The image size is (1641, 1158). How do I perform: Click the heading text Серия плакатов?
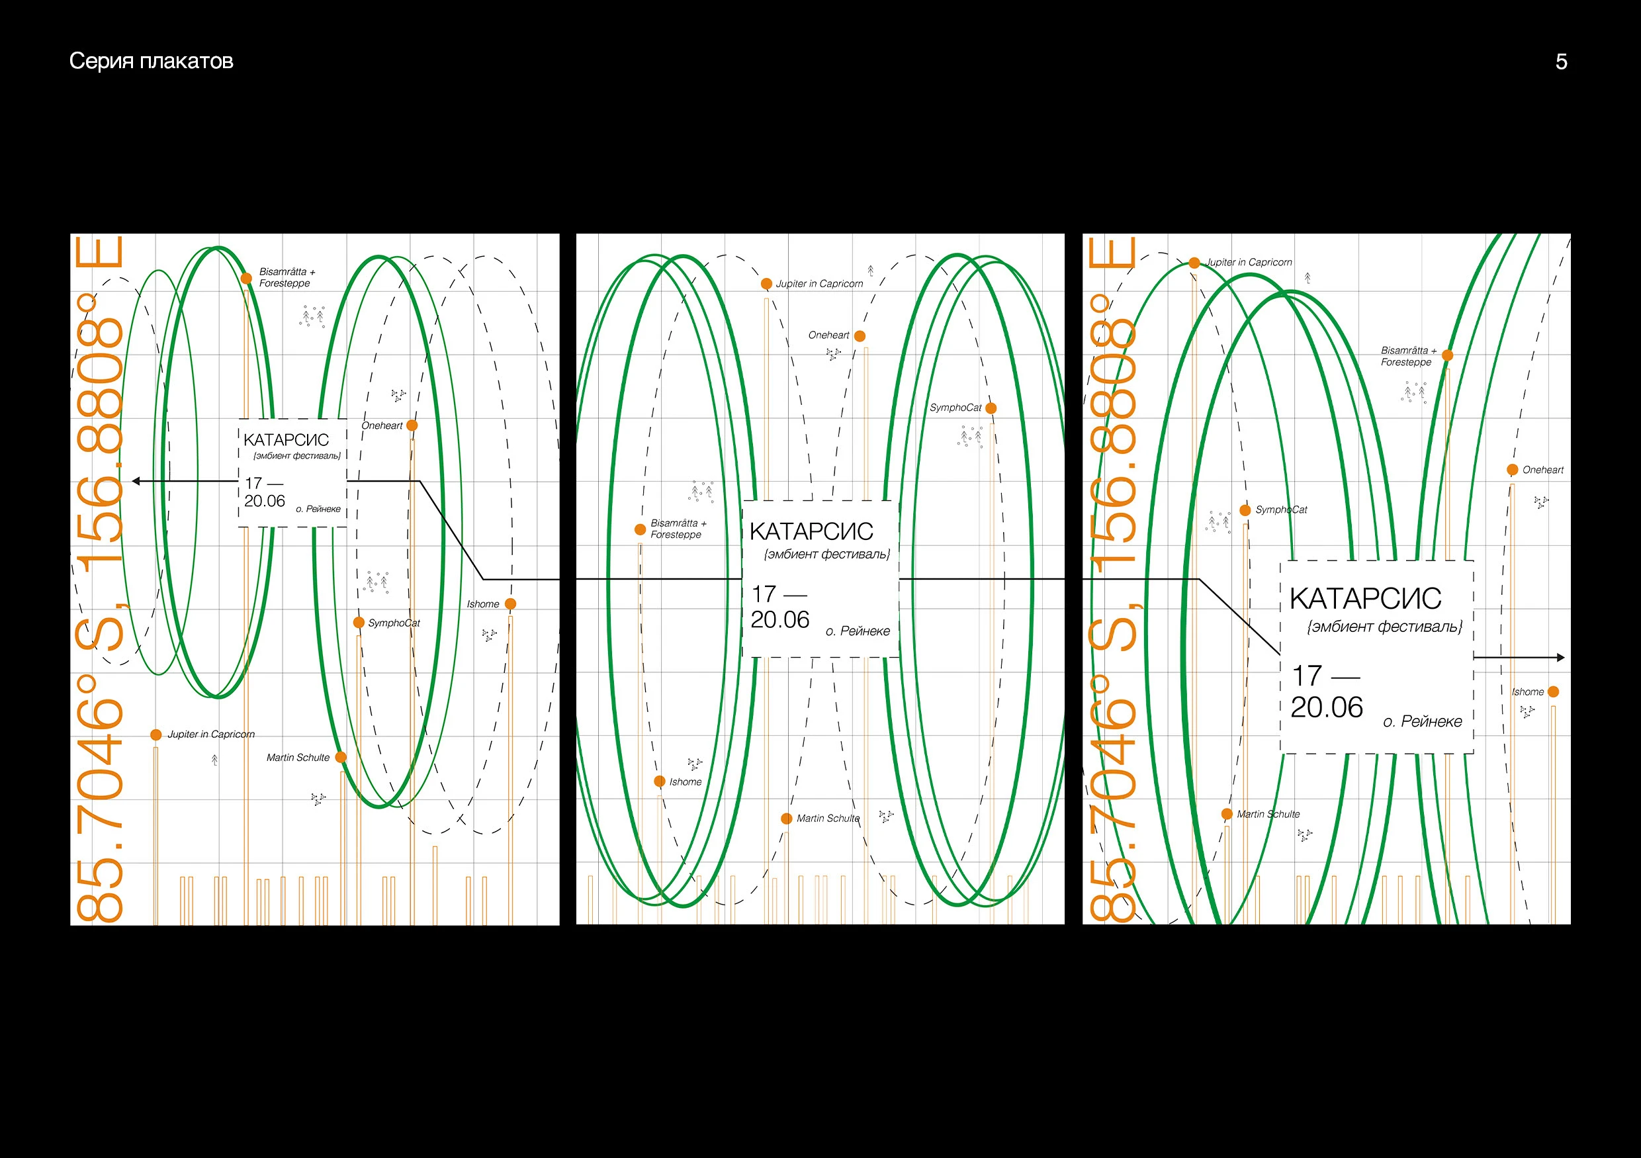(151, 62)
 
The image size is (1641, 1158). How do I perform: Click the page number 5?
(1561, 62)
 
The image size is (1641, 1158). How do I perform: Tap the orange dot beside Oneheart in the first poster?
(412, 425)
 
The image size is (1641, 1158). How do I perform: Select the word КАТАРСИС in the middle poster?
(811, 532)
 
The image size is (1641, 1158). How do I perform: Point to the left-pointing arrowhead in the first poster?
(136, 481)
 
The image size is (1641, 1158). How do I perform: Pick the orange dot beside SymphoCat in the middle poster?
(991, 408)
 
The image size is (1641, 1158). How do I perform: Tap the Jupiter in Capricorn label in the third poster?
(1249, 262)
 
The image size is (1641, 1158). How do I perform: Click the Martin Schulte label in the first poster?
(298, 758)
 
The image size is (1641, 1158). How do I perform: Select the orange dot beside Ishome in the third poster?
(1553, 692)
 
